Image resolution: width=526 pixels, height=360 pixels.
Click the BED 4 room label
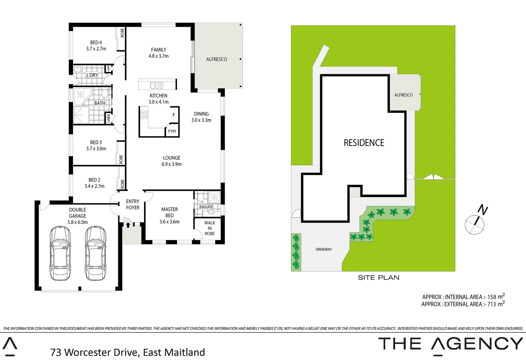click(96, 43)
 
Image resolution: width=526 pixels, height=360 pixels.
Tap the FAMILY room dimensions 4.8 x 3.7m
click(158, 56)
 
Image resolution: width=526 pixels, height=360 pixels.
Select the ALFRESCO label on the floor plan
click(216, 59)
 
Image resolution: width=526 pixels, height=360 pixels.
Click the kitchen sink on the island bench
click(156, 85)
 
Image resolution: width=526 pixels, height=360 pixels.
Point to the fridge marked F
click(174, 115)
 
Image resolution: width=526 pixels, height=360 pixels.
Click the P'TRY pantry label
click(172, 131)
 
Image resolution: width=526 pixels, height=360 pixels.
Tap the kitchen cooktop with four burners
click(144, 115)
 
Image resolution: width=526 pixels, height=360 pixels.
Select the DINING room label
click(201, 114)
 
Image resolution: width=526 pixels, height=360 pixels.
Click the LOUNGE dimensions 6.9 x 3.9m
click(171, 164)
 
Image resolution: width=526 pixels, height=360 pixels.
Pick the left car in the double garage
click(60, 253)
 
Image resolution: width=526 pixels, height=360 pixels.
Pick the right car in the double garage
click(95, 253)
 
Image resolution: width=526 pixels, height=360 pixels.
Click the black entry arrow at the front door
click(128, 225)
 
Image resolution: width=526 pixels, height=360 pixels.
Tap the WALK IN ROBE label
click(209, 228)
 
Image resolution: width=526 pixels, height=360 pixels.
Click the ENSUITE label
click(206, 207)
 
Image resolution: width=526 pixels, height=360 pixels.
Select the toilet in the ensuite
click(200, 198)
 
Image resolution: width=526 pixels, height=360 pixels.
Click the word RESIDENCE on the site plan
click(364, 143)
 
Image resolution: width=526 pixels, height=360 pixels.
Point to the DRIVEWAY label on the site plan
click(324, 249)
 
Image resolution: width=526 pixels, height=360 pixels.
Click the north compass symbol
click(475, 224)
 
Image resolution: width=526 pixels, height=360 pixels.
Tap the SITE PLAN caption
click(378, 278)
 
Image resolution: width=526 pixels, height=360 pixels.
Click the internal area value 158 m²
click(496, 297)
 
